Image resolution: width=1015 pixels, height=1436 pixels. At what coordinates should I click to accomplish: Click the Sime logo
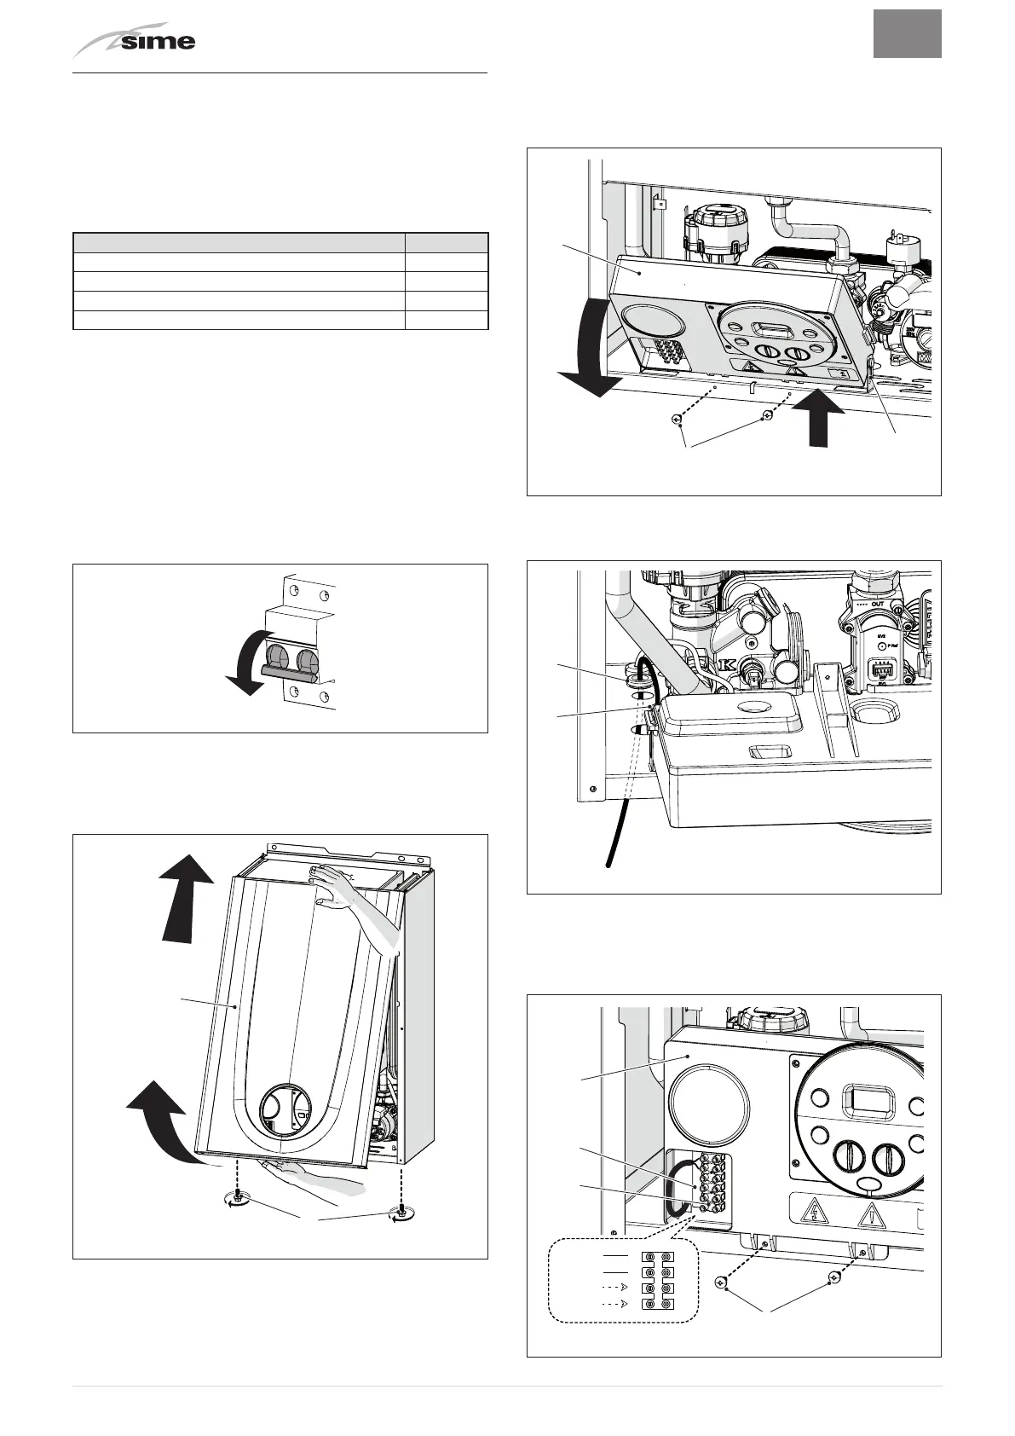pos(136,41)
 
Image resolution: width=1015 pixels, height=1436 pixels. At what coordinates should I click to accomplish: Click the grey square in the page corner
pos(907,34)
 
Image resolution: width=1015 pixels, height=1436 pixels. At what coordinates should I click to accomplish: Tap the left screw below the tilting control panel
pos(676,420)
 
